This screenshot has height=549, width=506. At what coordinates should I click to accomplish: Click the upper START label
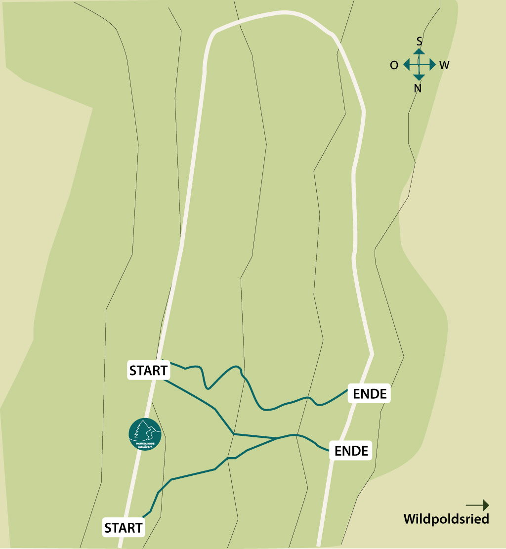[148, 370]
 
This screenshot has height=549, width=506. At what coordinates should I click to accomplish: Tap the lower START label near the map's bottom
[124, 528]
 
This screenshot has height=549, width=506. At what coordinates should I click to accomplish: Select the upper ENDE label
[370, 394]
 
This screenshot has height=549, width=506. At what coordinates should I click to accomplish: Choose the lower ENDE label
[351, 451]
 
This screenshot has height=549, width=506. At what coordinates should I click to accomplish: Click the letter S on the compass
[419, 41]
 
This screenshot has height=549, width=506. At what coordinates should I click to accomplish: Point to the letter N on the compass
[418, 88]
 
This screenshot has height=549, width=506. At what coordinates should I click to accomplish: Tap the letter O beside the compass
[394, 65]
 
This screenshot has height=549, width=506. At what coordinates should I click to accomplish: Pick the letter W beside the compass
[444, 65]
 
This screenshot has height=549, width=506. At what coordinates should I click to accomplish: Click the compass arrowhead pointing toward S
[419, 51]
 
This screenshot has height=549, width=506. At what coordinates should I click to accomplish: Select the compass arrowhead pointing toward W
[432, 65]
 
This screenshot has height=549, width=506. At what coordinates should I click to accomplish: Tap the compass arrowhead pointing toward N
[419, 78]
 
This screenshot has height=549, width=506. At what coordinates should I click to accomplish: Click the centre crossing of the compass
[419, 65]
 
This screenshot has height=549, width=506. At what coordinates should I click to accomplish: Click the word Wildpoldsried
[446, 519]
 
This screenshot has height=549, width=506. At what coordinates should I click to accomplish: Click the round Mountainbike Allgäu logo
[145, 434]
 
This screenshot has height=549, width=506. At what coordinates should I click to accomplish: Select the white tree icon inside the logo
[143, 428]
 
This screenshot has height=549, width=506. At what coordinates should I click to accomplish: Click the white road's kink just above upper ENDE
[372, 354]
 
